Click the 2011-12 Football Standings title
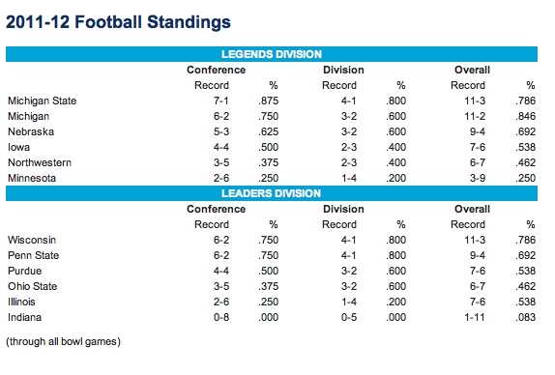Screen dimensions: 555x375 point(118,22)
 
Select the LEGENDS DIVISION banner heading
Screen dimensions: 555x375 point(272,54)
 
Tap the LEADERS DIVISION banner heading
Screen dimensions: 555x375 point(271,193)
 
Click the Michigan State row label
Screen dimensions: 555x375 point(43,101)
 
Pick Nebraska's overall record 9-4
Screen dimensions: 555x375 point(478,131)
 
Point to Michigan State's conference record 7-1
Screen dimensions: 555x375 point(221,101)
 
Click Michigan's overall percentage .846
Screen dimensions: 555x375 point(526,116)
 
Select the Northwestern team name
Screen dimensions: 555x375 point(40,162)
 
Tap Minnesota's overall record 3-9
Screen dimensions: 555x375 point(478,178)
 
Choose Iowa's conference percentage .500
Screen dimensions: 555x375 point(268,147)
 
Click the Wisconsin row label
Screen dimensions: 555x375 point(32,240)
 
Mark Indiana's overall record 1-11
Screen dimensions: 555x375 point(475,317)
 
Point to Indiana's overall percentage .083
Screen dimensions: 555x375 point(526,317)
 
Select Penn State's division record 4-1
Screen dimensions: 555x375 point(349,255)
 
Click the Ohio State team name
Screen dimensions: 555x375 point(33,286)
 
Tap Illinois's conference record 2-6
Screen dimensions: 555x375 point(221,302)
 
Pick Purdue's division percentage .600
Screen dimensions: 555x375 point(396,271)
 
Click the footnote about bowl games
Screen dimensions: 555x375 point(64,341)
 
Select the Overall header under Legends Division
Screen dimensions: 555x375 point(472,70)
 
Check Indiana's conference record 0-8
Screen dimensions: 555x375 point(221,317)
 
